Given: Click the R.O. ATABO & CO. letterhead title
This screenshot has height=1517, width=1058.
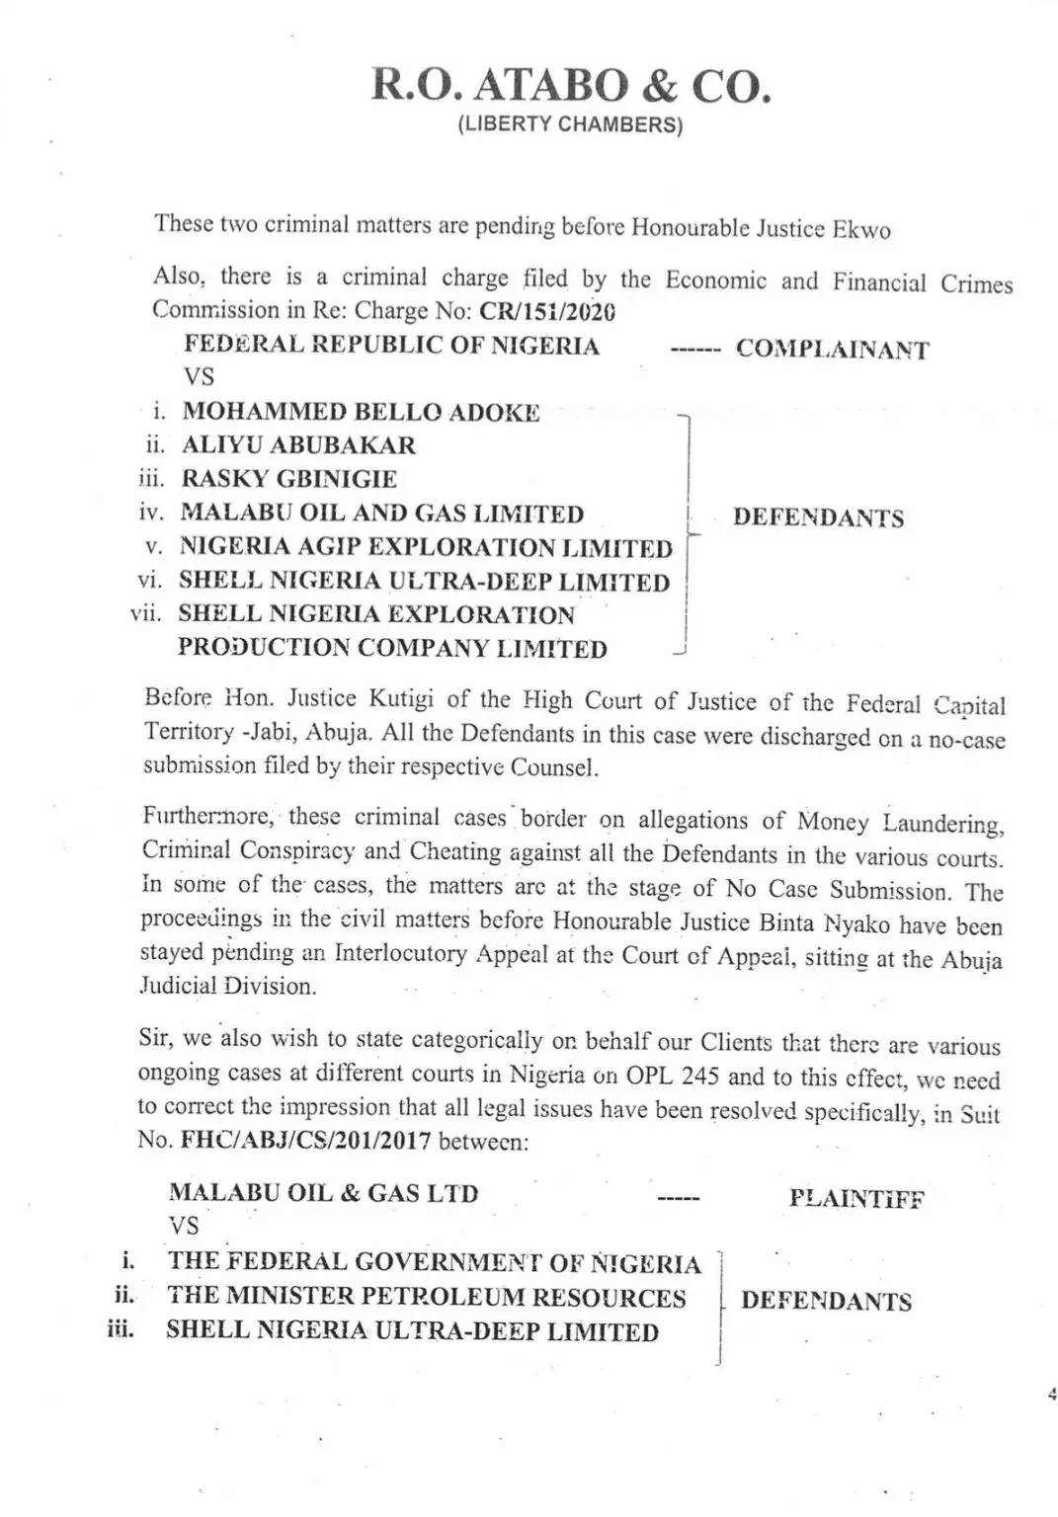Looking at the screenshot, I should (x=570, y=86).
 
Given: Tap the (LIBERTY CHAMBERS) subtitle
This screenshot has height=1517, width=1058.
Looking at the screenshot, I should (x=570, y=125).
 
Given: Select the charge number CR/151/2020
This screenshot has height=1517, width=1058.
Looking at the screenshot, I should (x=547, y=311).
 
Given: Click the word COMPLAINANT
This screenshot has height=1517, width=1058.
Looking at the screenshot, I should (x=832, y=350).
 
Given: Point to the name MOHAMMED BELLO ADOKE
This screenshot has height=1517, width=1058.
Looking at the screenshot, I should (x=361, y=412).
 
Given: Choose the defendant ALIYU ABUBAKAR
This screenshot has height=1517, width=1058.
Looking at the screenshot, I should (x=298, y=445).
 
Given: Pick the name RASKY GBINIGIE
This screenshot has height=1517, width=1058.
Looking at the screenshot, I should (x=288, y=479).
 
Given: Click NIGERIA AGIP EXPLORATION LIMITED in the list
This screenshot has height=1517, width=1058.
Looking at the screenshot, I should (x=426, y=547).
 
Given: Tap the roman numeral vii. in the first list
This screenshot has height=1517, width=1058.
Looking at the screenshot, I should (x=145, y=613).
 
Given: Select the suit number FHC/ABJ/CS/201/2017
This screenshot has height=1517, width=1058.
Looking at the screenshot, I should (x=305, y=1140).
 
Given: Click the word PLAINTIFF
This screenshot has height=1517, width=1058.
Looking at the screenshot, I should (x=856, y=1199).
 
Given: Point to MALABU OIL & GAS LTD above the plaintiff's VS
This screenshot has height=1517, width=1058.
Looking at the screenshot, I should (x=323, y=1192).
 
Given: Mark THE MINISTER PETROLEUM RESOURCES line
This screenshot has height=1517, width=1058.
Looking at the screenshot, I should (x=426, y=1297).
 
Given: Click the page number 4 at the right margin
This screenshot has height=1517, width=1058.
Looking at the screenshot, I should (x=1051, y=1395).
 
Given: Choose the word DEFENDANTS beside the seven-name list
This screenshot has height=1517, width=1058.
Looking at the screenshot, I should (x=818, y=518).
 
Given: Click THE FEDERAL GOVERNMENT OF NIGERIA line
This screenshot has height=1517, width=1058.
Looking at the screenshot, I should (x=434, y=1262).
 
